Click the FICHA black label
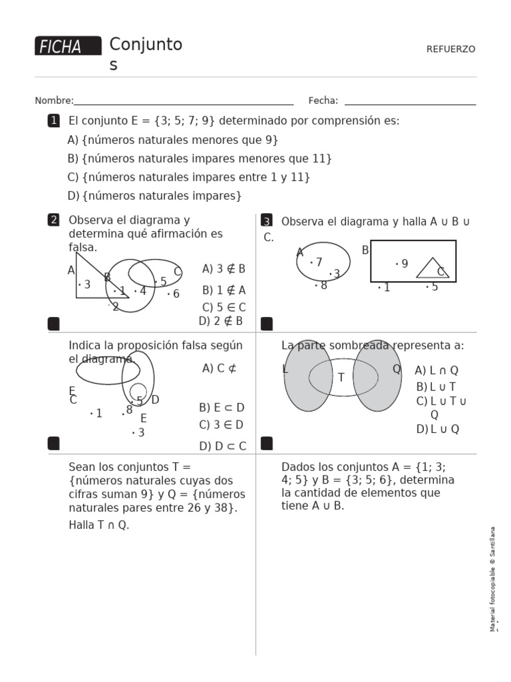point(68,46)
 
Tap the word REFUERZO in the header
point(450,49)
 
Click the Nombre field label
point(54,101)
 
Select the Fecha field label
point(323,101)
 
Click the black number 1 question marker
point(53,121)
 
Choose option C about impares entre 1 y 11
point(189,177)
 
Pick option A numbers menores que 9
point(173,140)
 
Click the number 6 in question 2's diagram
point(175,294)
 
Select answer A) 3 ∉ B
point(224,269)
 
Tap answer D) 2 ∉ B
point(221,321)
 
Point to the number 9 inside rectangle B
point(403,264)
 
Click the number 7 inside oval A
point(317,262)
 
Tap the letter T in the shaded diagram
point(341,378)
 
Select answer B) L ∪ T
point(436,386)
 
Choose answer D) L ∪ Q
point(437,429)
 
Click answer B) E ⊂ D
point(222,408)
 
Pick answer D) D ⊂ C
point(222,446)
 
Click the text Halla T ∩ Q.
point(99,525)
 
